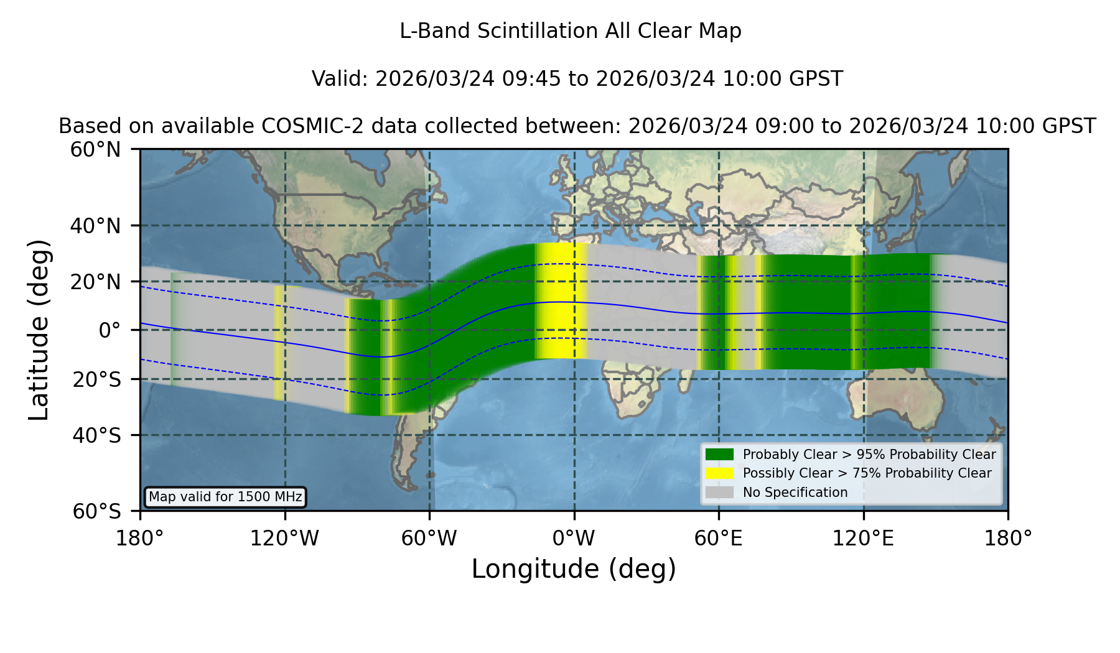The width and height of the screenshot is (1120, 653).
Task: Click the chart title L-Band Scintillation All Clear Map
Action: [x=571, y=30]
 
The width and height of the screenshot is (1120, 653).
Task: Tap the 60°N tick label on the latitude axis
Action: [x=95, y=150]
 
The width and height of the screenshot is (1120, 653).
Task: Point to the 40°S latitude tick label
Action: [x=96, y=435]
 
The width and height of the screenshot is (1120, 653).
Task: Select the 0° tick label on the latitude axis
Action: [x=110, y=330]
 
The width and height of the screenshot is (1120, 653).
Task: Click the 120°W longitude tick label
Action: [x=285, y=538]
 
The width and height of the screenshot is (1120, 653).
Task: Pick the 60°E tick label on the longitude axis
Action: [x=719, y=538]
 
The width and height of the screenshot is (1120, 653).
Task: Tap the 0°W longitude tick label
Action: [x=574, y=538]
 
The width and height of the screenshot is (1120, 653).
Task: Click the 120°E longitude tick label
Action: [x=864, y=538]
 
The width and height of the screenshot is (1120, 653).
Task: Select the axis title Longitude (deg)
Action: [x=574, y=570]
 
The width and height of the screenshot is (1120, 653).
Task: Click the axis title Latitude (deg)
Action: [x=39, y=330]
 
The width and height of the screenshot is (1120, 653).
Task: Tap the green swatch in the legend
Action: [x=720, y=455]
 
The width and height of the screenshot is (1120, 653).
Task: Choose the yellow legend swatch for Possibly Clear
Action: [x=720, y=473]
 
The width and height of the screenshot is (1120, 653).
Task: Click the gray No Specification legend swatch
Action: [x=720, y=493]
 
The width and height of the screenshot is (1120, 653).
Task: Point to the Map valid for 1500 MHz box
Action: [x=225, y=497]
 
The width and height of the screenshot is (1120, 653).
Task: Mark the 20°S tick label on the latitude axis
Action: [x=96, y=379]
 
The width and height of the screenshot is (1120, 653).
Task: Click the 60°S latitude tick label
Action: [x=96, y=511]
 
